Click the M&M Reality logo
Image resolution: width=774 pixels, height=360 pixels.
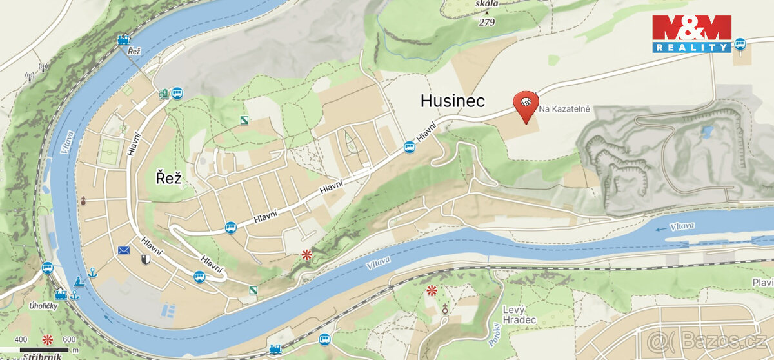click(691, 34)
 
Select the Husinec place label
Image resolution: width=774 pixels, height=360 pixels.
click(452, 101)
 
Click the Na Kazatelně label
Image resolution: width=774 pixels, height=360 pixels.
click(565, 108)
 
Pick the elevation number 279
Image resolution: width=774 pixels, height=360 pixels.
click(488, 23)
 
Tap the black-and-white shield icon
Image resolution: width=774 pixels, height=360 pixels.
click(145, 260)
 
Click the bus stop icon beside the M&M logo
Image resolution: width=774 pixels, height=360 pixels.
click(740, 43)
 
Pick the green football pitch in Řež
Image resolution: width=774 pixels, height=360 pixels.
click(108, 152)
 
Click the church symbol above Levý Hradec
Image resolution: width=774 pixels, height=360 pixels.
click(445, 308)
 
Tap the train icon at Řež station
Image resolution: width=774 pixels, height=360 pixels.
click(123, 40)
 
